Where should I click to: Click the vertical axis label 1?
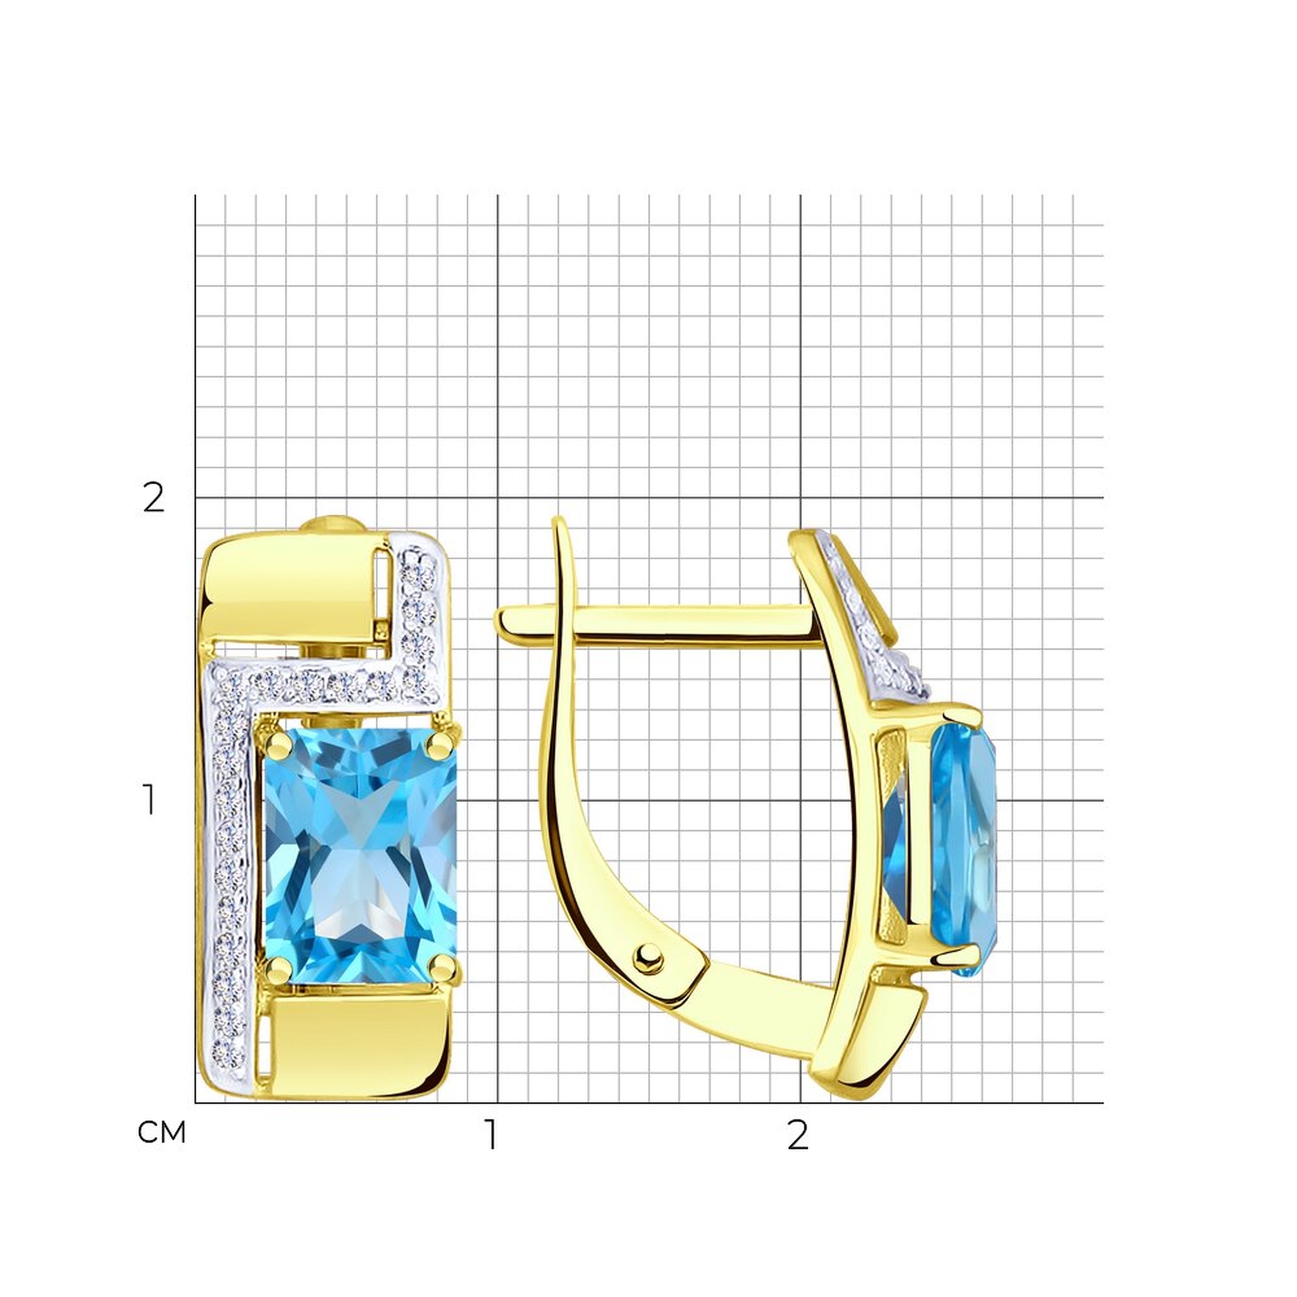tap(150, 800)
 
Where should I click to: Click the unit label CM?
tap(161, 1133)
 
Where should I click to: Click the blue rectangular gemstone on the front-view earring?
tap(361, 855)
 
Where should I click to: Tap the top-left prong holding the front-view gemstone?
tap(277, 743)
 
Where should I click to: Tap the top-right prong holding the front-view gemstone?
tap(442, 741)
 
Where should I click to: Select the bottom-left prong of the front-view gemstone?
tap(278, 970)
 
